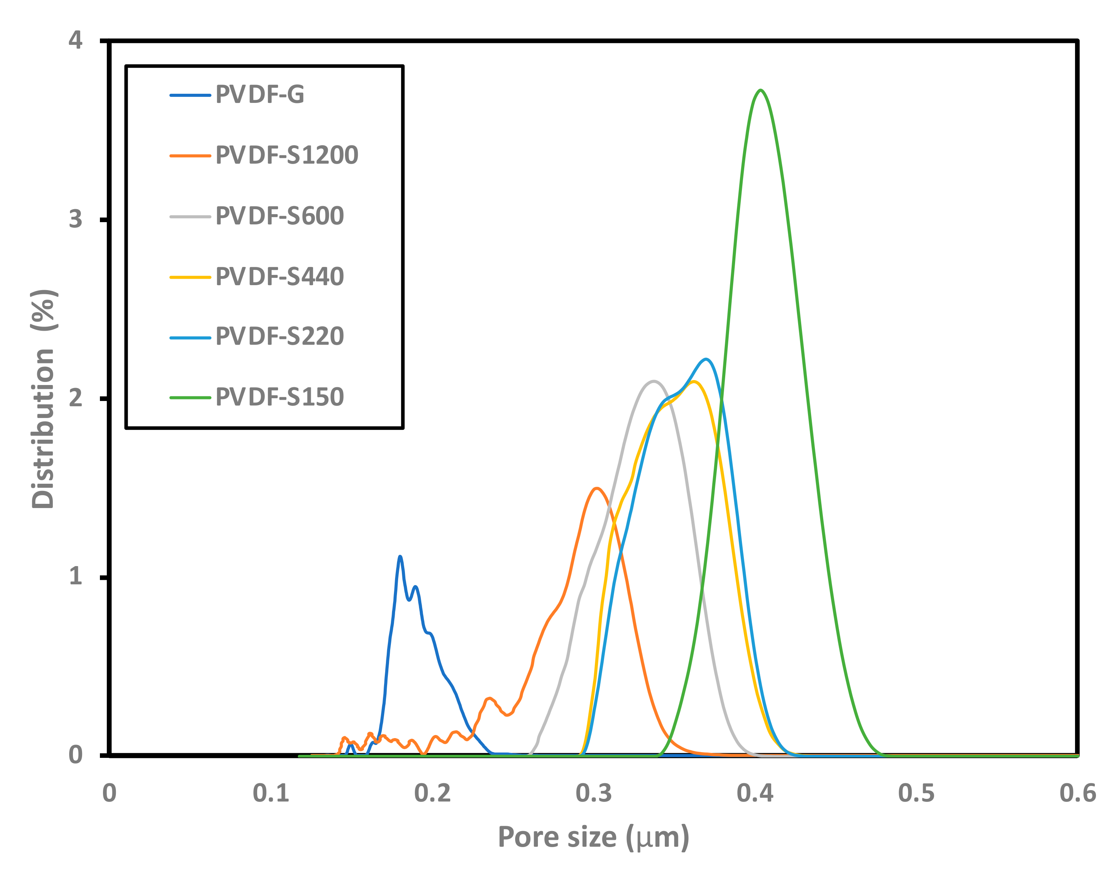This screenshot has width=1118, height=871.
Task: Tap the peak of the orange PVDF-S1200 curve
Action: [596, 489]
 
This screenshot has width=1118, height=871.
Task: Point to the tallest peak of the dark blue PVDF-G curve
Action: [400, 557]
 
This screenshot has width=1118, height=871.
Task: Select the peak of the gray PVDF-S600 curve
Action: [653, 381]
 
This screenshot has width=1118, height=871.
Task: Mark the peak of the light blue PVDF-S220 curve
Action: [707, 359]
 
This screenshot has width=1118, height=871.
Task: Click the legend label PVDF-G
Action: [259, 95]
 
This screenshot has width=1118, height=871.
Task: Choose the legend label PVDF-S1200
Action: [287, 155]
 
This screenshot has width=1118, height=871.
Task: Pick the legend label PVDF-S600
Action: [280, 216]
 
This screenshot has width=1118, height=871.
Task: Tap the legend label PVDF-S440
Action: [280, 277]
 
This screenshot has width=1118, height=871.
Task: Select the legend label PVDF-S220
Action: [280, 337]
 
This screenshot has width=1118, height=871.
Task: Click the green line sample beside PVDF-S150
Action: [190, 398]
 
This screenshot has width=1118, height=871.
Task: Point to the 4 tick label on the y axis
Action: [75, 40]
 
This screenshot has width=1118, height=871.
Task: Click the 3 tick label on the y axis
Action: [75, 219]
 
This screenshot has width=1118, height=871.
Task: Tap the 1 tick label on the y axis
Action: [75, 576]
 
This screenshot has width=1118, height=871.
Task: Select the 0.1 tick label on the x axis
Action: [271, 794]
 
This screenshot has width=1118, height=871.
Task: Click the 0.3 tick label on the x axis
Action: [594, 794]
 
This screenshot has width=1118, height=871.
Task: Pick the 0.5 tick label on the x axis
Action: [916, 794]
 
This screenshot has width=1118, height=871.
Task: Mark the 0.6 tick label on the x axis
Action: [1078, 794]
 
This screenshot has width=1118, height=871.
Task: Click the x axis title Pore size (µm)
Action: [594, 838]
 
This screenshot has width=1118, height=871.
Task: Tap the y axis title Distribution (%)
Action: [44, 399]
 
